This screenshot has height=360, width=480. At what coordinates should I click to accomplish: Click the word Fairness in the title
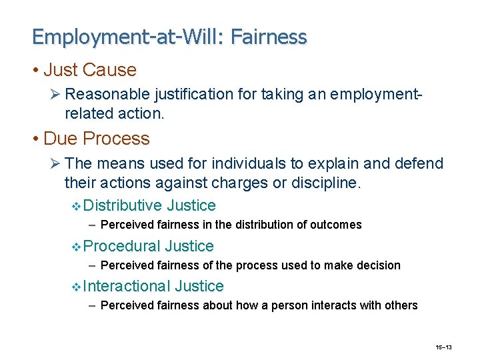point(269,37)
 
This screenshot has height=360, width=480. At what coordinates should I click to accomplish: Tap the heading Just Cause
point(89,70)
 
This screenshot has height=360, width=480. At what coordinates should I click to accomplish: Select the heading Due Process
point(96,139)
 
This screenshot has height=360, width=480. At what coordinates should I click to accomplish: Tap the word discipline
point(327,182)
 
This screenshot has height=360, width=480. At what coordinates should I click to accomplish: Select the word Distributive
point(123,205)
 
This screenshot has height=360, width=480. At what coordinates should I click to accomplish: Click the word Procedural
point(123,246)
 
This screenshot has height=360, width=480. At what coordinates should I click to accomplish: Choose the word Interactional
point(127,286)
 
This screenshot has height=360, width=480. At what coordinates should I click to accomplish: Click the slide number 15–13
point(443,348)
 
